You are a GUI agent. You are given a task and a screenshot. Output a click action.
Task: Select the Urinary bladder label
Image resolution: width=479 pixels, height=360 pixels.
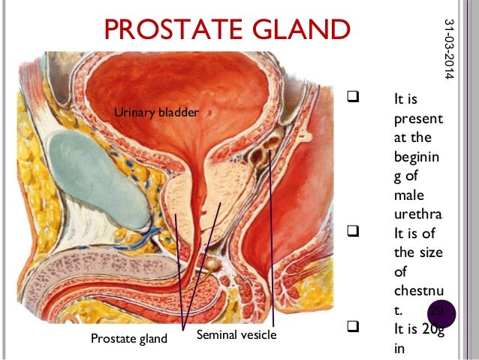click(x=155, y=113)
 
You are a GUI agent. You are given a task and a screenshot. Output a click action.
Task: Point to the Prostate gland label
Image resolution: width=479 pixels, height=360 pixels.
click(x=128, y=338)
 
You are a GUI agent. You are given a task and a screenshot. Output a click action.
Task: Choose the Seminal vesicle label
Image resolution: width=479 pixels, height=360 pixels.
click(x=236, y=333)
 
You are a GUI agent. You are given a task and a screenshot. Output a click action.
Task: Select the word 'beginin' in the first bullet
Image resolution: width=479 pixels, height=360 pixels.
click(x=417, y=157)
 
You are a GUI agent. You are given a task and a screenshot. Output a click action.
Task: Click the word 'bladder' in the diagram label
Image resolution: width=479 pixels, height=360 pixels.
click(x=179, y=113)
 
